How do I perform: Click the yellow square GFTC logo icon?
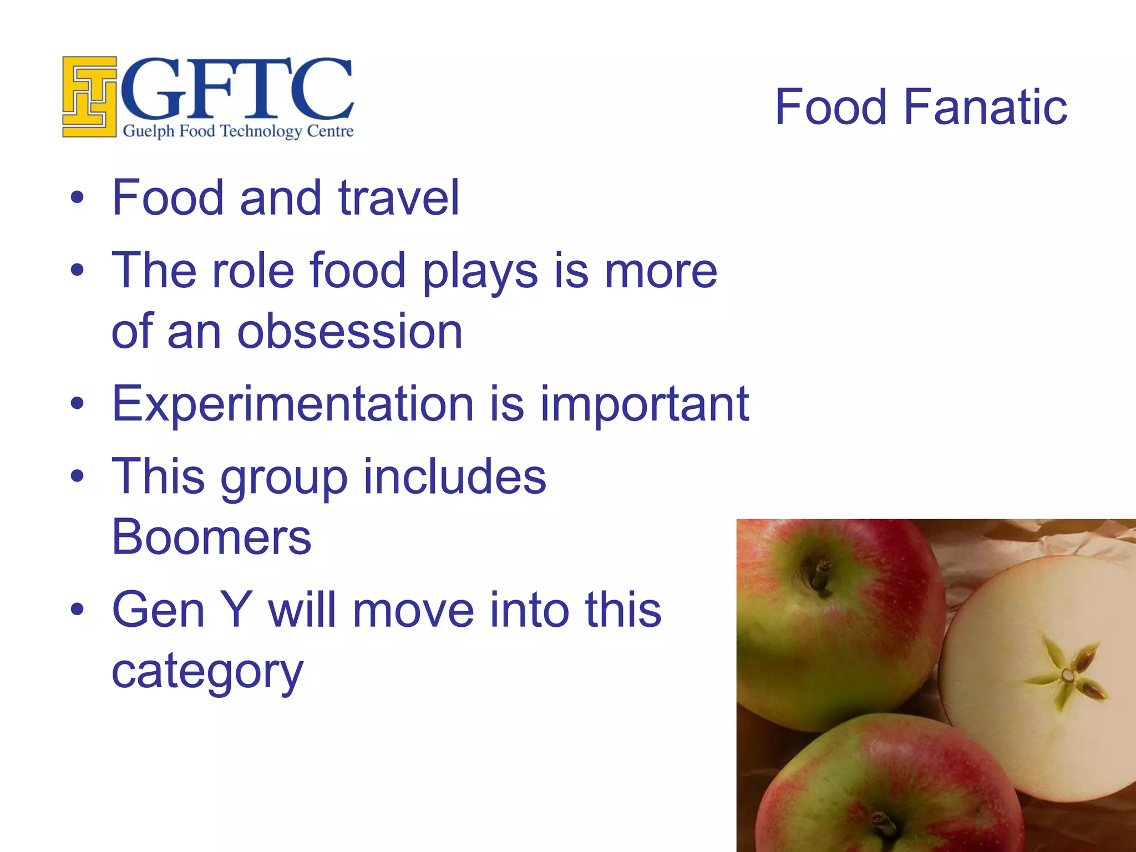pos(89,97)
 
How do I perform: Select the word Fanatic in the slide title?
pos(985,106)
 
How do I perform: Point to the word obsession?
pos(349,331)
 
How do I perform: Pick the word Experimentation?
pos(293,404)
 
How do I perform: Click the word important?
pos(645,404)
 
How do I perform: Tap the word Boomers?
pos(211,537)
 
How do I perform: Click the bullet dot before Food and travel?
pos(78,197)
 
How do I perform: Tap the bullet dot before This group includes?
pos(78,476)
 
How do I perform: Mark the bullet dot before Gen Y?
pos(78,609)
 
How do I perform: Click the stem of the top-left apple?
pos(819,574)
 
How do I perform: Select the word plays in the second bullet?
pos(480,272)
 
